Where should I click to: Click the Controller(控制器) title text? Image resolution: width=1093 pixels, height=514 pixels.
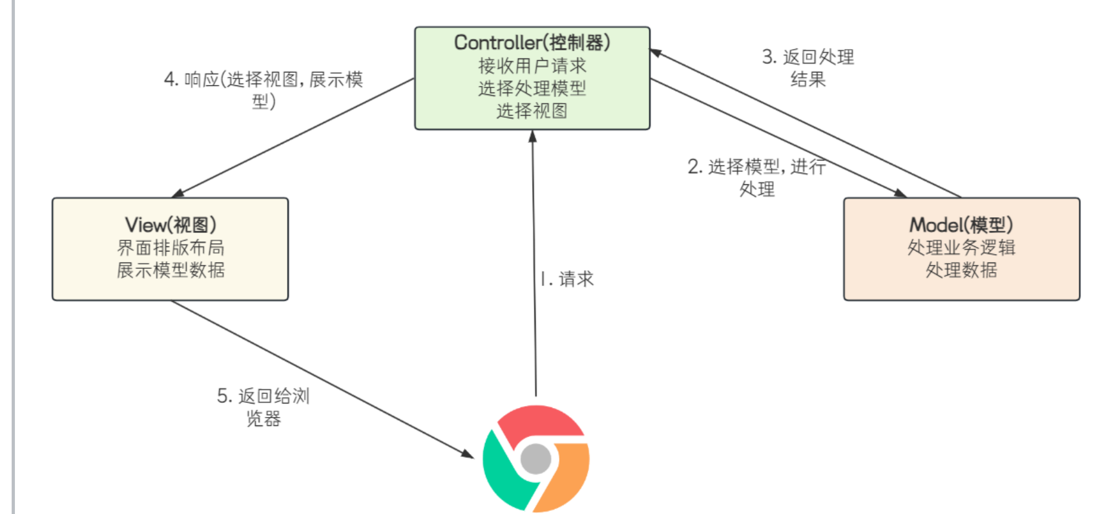pos(532,43)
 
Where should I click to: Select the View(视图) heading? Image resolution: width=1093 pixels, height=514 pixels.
pos(171,225)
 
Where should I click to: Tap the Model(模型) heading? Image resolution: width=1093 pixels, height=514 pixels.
pos(961,225)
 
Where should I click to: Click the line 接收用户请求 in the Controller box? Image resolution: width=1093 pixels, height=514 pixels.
pos(532,65)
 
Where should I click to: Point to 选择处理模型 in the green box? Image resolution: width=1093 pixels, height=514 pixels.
pos(532,88)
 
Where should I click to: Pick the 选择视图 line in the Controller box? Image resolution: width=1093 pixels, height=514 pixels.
pos(532,111)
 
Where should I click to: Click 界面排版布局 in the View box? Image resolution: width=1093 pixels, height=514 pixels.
pos(171,248)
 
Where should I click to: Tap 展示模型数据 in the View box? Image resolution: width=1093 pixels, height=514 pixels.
pos(171,270)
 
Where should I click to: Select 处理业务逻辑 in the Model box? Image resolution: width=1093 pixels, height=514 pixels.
pos(961,248)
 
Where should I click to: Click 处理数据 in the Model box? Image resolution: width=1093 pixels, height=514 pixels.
pos(961,270)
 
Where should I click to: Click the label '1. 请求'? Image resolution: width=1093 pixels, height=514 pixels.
pos(567,279)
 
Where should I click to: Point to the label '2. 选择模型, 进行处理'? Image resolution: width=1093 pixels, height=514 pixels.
pos(756,177)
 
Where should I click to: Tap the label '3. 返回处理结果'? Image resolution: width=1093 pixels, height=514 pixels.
pos(807,68)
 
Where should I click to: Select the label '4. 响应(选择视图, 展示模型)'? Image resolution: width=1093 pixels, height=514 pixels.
pos(264,90)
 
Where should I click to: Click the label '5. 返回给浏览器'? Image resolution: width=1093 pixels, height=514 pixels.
pos(264,407)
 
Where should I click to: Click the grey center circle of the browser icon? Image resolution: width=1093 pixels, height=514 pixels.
pos(536,458)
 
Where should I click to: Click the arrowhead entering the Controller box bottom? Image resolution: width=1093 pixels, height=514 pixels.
pos(532,136)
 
